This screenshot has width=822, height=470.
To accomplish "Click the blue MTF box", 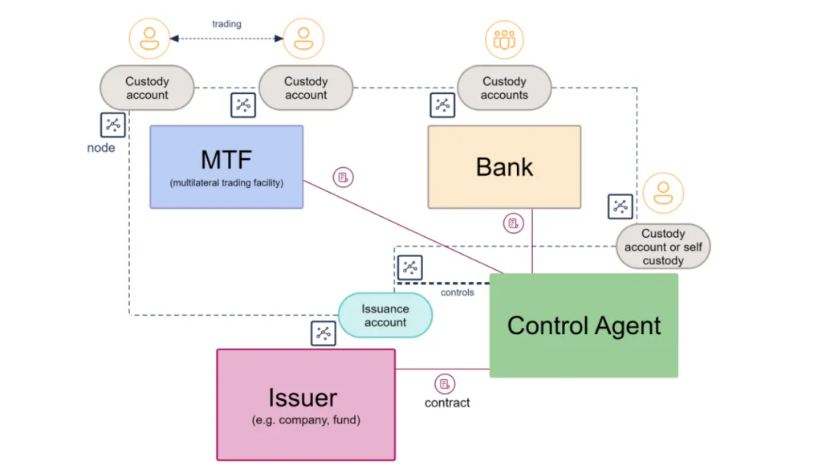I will click(x=226, y=166).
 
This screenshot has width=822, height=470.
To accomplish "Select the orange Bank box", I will click(x=504, y=166).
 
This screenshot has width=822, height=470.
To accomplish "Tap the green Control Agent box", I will click(x=584, y=325).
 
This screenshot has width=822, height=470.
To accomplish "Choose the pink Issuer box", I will click(x=306, y=404).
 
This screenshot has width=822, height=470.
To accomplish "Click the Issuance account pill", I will click(x=385, y=316).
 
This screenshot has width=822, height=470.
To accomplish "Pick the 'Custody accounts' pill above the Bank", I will click(x=504, y=88).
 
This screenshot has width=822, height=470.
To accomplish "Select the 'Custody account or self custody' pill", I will click(x=663, y=247).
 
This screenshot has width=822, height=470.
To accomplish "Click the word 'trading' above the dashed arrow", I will click(x=226, y=24).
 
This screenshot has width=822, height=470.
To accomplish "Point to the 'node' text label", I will click(x=101, y=148).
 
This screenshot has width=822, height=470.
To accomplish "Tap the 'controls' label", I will click(x=458, y=292).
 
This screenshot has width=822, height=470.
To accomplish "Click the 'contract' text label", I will click(x=447, y=403).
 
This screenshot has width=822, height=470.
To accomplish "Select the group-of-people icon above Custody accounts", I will click(x=504, y=39).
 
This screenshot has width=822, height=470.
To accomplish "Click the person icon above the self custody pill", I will click(x=663, y=193).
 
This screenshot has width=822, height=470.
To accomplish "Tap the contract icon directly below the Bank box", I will click(x=514, y=223).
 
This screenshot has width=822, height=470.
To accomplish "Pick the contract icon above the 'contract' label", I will click(x=445, y=383).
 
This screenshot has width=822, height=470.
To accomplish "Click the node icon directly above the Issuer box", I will click(x=323, y=333).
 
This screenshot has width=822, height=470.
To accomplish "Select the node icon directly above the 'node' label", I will click(x=113, y=125).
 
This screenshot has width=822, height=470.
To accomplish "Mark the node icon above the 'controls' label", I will click(x=409, y=268).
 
